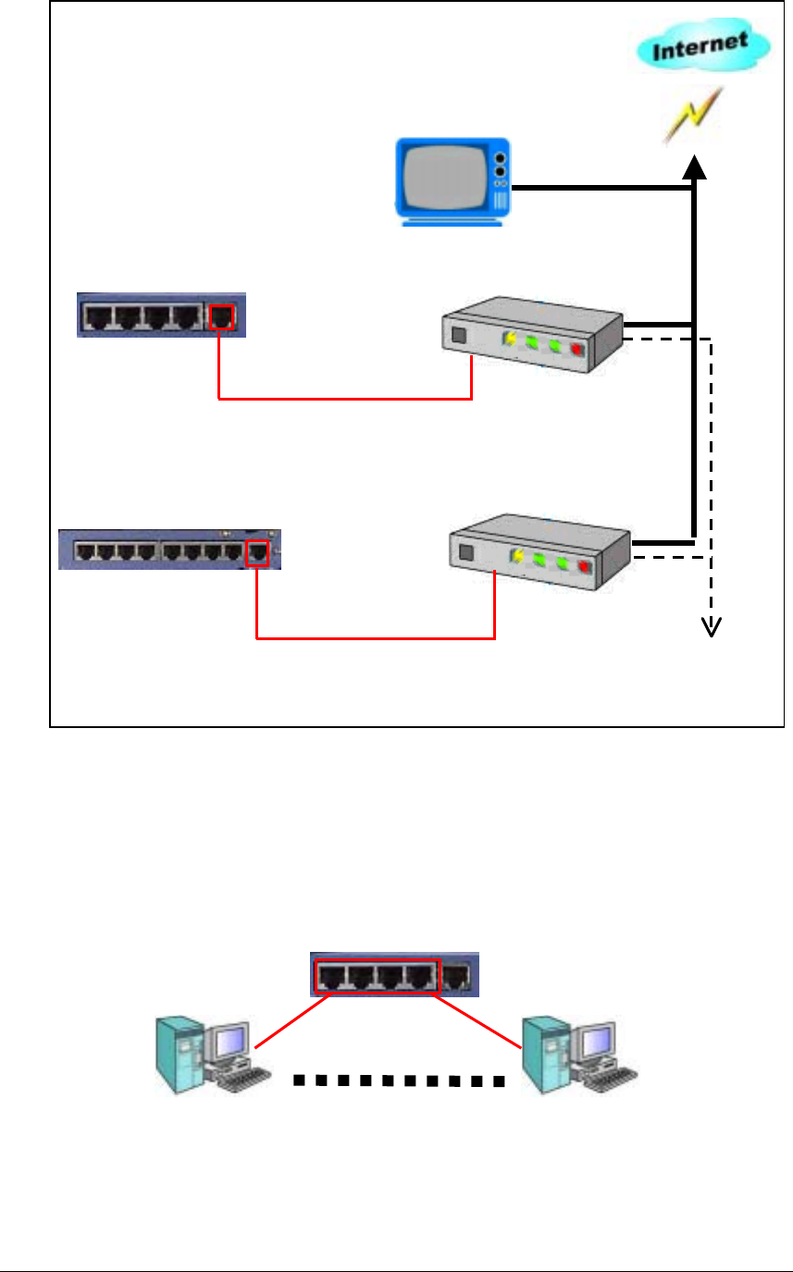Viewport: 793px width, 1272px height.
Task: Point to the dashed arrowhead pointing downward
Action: (711, 626)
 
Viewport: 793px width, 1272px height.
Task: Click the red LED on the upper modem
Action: (578, 351)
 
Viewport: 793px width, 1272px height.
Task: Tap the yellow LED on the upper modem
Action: (510, 340)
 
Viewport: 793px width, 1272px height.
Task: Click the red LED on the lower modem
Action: (584, 567)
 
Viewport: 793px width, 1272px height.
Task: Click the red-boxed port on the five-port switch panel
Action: (222, 317)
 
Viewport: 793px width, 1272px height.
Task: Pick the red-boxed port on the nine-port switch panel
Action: (258, 554)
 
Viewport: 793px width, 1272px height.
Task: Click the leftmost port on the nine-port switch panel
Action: (84, 553)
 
